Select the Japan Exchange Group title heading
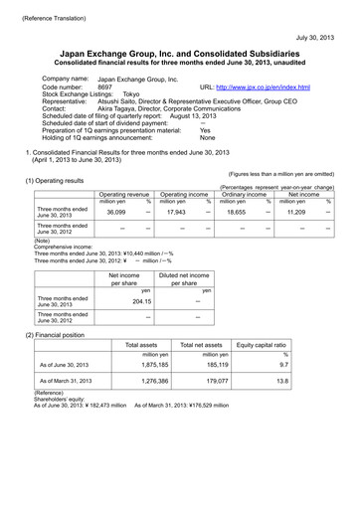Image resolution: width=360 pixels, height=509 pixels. (x=179, y=57)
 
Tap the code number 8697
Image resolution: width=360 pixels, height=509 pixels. (x=105, y=87)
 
